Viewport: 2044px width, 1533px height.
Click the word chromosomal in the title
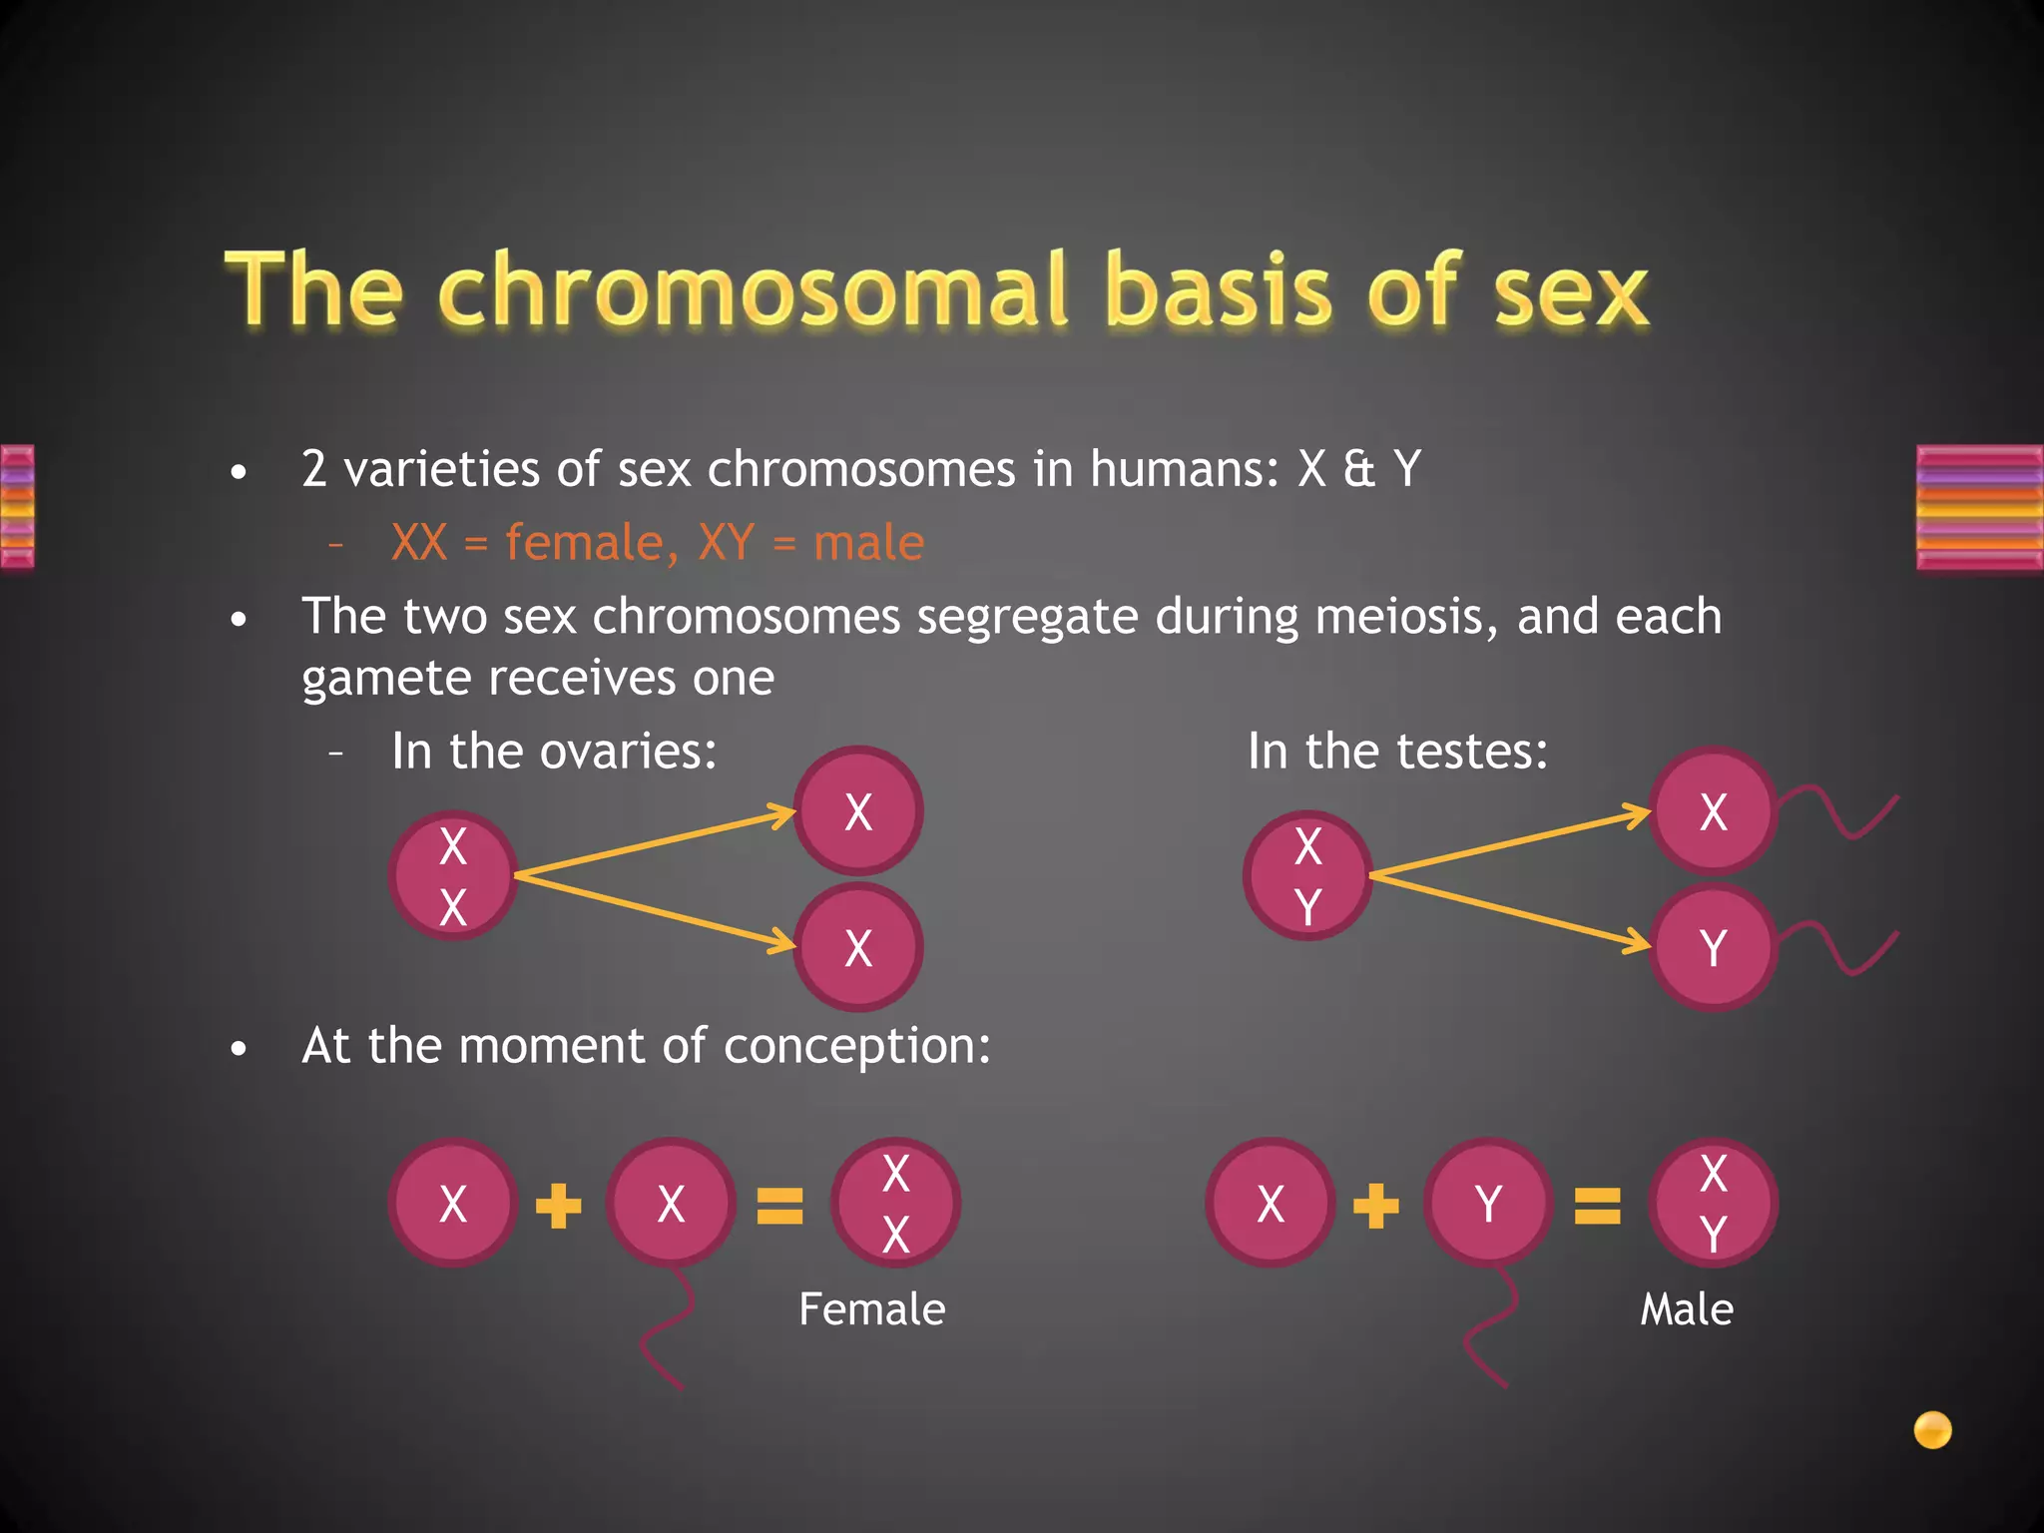click(753, 291)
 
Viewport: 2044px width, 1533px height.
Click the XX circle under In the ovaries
click(453, 875)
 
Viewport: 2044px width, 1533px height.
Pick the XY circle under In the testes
click(1307, 875)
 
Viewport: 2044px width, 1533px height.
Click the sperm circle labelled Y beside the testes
click(1713, 947)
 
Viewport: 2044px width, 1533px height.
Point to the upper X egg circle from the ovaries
click(858, 811)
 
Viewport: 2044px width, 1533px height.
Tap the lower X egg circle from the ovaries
click(858, 947)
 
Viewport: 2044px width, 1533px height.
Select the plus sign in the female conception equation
click(559, 1205)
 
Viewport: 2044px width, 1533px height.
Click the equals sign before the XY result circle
click(1597, 1205)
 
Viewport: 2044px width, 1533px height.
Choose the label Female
click(871, 1309)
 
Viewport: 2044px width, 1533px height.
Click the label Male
click(1687, 1309)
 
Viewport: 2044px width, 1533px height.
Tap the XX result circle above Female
click(896, 1203)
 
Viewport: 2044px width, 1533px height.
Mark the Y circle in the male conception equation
click(1488, 1203)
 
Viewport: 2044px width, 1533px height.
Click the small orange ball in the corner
click(1932, 1429)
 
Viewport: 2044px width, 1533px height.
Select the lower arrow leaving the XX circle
click(654, 908)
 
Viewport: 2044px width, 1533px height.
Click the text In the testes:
click(1397, 751)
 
